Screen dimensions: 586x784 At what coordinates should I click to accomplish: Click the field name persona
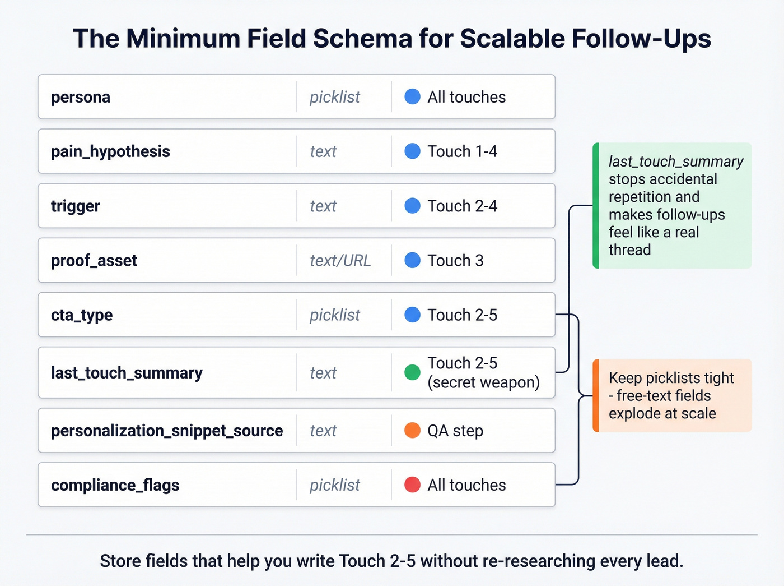(81, 97)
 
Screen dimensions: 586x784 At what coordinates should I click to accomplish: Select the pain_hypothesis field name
(110, 151)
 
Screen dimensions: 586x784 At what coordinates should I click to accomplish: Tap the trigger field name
(76, 206)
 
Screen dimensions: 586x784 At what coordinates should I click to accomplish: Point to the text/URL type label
(340, 261)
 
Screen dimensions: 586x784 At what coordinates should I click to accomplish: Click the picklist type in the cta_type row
(335, 315)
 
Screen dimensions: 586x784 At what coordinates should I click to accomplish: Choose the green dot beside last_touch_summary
(412, 372)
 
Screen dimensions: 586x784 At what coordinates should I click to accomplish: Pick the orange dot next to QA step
(412, 431)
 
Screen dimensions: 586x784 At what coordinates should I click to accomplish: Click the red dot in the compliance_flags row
(412, 485)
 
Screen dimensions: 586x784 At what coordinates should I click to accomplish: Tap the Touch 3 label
(455, 261)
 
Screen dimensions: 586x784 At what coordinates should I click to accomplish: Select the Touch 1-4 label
(462, 151)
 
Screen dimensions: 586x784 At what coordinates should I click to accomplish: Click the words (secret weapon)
(483, 382)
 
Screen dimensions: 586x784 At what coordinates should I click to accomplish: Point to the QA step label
(455, 431)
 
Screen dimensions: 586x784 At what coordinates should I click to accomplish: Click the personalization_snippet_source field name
(167, 431)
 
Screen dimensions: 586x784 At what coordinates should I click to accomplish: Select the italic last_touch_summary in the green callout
(676, 162)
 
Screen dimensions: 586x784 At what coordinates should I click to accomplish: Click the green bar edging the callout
(596, 206)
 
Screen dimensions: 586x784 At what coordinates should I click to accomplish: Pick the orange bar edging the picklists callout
(596, 395)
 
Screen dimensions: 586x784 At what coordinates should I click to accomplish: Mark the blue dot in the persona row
(412, 97)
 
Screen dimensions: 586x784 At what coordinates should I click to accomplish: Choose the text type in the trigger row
(323, 206)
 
